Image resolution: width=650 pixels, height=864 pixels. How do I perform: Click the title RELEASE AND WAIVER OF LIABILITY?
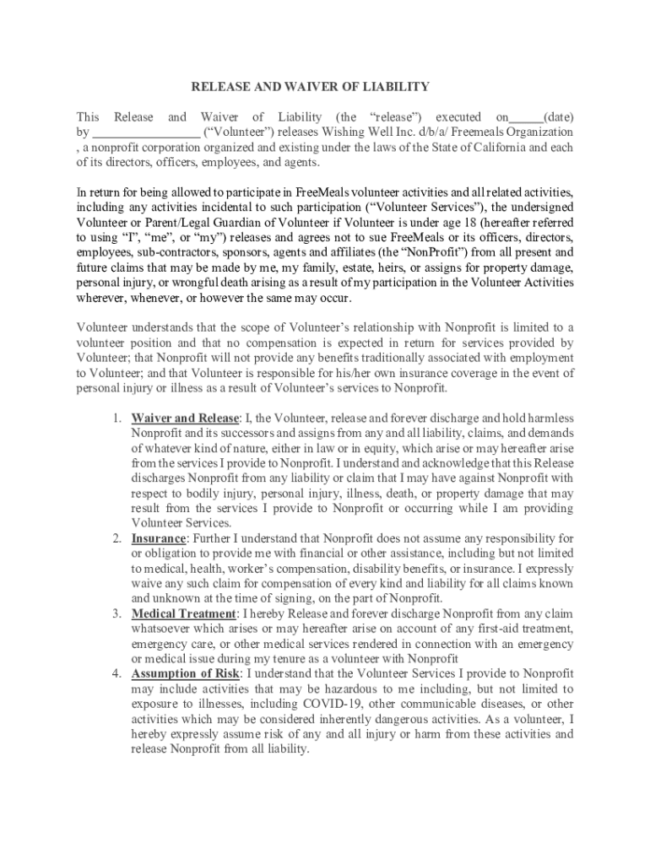(x=311, y=87)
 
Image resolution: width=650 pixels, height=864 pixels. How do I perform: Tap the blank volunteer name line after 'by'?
(x=146, y=133)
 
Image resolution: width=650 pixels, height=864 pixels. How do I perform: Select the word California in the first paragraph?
(x=487, y=147)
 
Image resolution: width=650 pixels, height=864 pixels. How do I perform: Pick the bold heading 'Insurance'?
(x=158, y=538)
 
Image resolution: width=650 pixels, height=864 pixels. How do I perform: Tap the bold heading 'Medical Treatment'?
(x=183, y=613)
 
